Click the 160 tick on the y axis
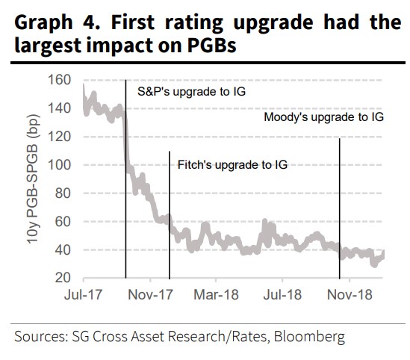60,80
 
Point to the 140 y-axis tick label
60,108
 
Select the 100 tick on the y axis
60,165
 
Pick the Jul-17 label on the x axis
80,294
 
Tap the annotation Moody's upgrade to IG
324,118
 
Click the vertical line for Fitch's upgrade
170,217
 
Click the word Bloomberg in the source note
311,338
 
